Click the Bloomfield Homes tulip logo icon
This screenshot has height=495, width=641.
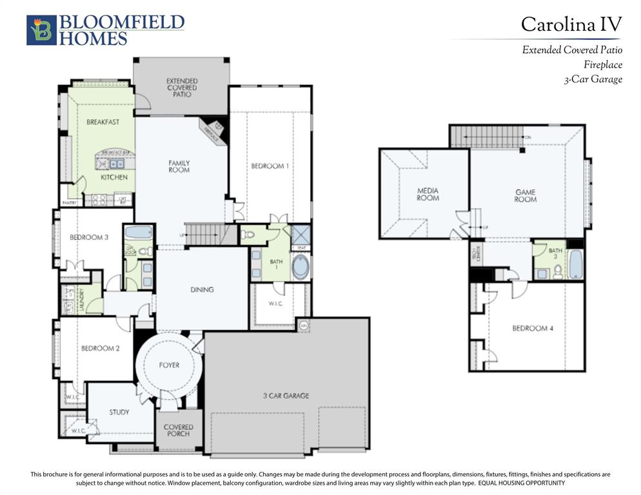coord(41,30)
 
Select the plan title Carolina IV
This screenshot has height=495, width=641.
coord(571,24)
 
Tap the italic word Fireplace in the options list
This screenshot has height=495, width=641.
coord(602,64)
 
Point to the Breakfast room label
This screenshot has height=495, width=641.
coord(103,122)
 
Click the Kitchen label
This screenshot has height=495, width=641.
coord(113,177)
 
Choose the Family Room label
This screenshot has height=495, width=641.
coord(179,166)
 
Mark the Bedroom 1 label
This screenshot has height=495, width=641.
coord(270,166)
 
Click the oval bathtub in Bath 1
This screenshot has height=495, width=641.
coord(301,266)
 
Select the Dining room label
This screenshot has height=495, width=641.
coord(202,290)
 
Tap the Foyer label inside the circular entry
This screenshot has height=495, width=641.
coord(169,365)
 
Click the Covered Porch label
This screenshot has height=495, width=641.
coord(178,431)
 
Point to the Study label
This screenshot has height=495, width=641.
coord(119,412)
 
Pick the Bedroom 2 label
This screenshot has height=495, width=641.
coord(100,349)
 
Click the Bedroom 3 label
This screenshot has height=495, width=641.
coord(89,237)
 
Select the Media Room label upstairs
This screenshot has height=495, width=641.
coord(428,194)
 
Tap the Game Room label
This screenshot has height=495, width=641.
coord(525,196)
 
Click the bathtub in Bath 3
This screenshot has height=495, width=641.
coord(575,265)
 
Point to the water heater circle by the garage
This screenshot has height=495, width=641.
coord(304,325)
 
